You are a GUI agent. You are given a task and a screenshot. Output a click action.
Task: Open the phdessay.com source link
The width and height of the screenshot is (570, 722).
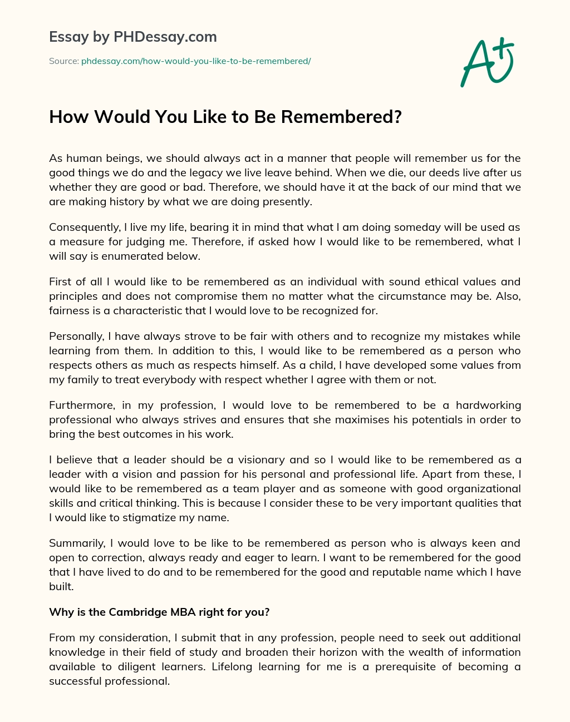pos(196,61)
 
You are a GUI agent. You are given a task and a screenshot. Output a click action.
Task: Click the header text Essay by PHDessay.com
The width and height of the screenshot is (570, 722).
pos(133,37)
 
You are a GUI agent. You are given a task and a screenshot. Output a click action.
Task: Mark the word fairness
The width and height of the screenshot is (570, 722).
pos(68,311)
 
